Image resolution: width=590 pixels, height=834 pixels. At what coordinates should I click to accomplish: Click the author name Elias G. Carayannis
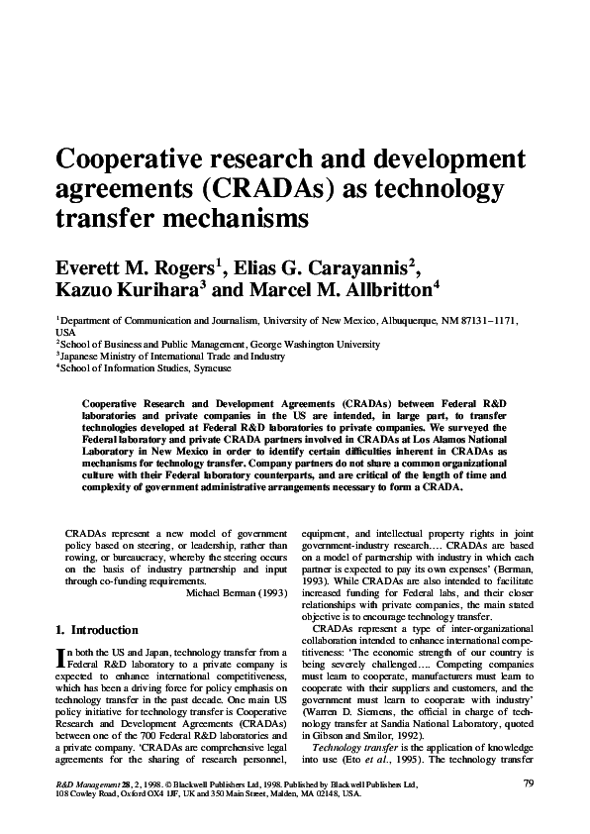tap(320, 266)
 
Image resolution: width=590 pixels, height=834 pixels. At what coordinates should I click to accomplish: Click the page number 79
tap(528, 783)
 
